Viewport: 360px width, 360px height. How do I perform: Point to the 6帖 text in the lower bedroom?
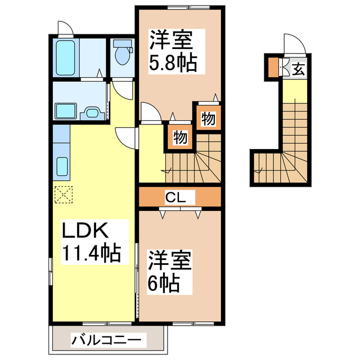coord(164,282)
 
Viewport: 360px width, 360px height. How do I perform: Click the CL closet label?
coord(179,197)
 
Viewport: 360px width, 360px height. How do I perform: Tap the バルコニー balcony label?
coord(108,340)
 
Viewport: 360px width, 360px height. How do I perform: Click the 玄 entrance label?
coord(298,69)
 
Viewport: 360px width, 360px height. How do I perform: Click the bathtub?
coord(66,57)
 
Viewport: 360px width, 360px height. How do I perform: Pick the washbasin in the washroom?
coord(92,112)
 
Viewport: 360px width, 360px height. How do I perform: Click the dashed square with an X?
coord(63,195)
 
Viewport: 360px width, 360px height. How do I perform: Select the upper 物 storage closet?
coord(208,119)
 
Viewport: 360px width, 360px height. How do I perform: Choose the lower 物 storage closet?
coord(180,137)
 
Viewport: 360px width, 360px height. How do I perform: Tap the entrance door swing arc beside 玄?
coord(293,45)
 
